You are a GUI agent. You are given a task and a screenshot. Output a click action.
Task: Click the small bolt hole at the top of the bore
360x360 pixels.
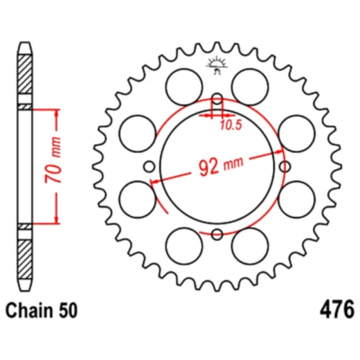(x=216, y=98)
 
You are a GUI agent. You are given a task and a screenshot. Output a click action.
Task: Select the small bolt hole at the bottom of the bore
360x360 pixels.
(x=216, y=233)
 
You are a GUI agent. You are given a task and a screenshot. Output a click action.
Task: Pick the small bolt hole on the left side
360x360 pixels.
(x=148, y=166)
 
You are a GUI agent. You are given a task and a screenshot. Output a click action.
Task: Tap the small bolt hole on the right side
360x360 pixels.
(x=284, y=166)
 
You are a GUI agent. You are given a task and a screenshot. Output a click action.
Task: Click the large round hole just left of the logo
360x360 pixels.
(x=184, y=86)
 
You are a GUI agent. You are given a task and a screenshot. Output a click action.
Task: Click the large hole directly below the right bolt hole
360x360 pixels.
(x=297, y=199)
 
